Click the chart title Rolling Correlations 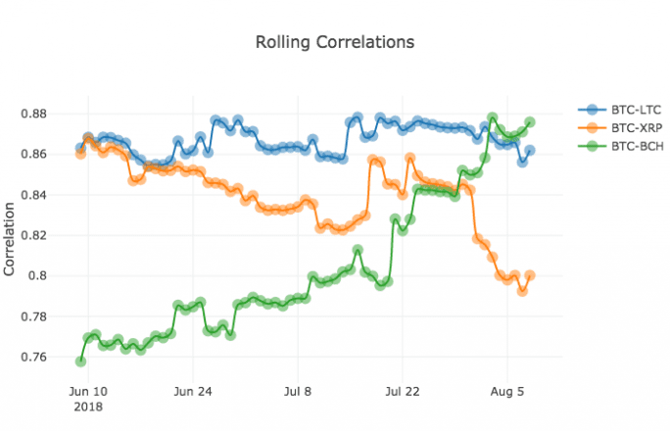tap(334, 42)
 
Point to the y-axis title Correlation tap(11, 241)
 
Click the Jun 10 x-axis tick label tap(88, 391)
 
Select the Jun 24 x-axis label tap(193, 391)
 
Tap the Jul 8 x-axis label tap(298, 391)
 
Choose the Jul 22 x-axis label tap(403, 391)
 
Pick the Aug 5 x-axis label tap(507, 391)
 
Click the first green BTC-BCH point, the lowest tap(80, 361)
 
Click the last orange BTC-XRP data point tap(530, 275)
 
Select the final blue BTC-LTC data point tap(530, 151)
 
